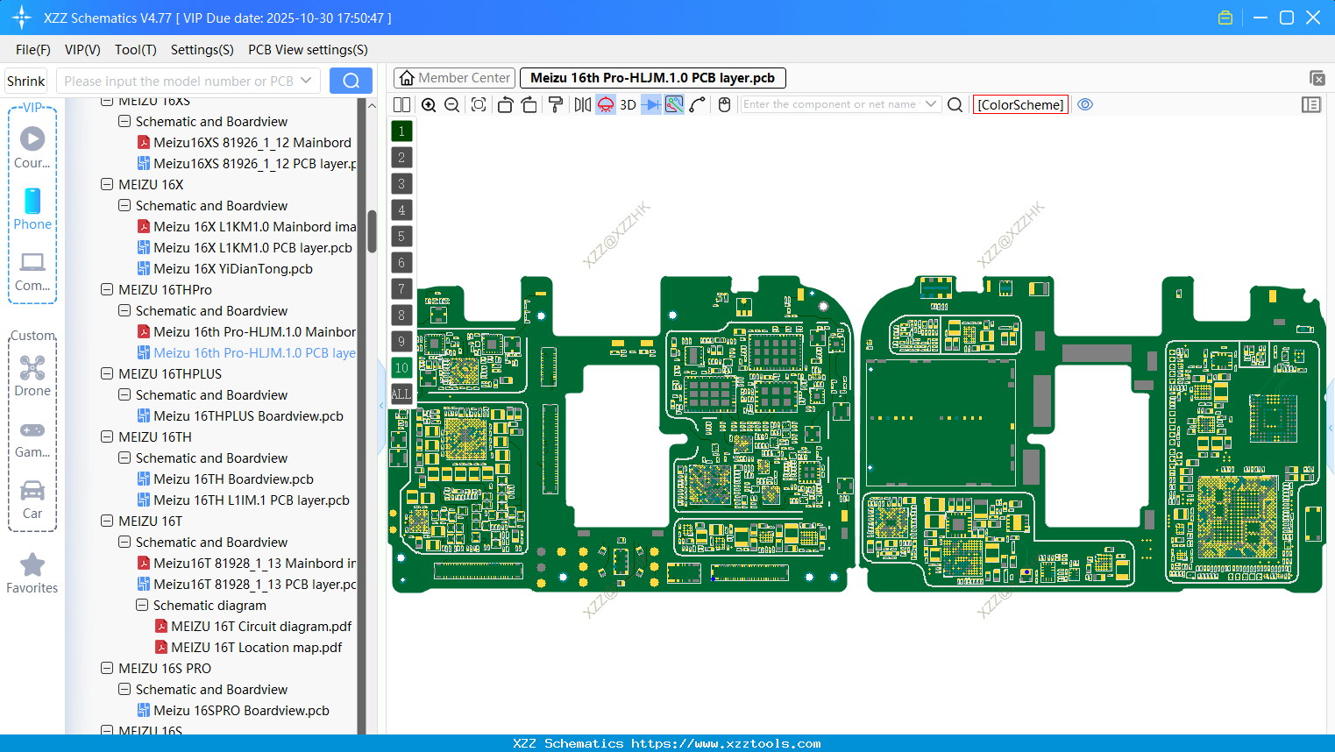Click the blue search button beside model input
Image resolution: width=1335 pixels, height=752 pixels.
[x=351, y=81]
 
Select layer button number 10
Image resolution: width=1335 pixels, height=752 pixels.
[x=401, y=368]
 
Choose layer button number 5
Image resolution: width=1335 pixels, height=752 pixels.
[x=401, y=237]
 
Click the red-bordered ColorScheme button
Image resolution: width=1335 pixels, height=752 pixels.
[x=1020, y=104]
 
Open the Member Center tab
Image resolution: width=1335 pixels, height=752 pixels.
[x=455, y=78]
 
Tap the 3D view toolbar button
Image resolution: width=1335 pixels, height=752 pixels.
[x=628, y=104]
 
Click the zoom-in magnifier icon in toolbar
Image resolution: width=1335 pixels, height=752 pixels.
[x=429, y=104]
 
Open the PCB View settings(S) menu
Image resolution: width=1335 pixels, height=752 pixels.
[x=308, y=50]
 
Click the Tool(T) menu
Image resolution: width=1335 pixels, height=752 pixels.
[x=135, y=50]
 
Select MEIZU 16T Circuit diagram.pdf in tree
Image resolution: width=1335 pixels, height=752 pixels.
[x=261, y=627]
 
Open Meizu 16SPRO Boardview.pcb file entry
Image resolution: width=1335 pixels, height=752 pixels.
[x=241, y=711]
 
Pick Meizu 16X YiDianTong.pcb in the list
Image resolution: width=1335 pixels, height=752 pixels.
[x=233, y=269]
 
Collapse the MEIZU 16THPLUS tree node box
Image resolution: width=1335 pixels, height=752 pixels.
[x=107, y=374]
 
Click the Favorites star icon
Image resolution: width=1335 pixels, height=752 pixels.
[x=32, y=565]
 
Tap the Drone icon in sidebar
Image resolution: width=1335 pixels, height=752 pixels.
[x=32, y=368]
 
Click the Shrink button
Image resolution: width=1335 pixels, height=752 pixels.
[x=26, y=81]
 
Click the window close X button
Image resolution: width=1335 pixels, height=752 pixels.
[x=1313, y=18]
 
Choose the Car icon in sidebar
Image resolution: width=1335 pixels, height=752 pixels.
[x=32, y=491]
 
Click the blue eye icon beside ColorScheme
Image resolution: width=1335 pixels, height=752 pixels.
[x=1085, y=104]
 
